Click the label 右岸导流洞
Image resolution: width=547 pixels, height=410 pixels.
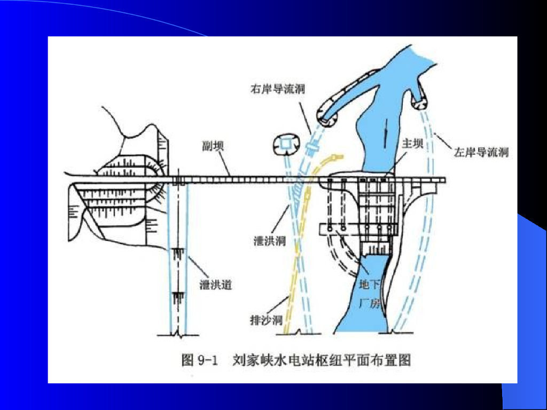coord(278,89)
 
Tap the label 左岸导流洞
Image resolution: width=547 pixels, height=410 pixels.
coord(481,152)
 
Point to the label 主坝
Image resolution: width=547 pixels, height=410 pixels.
coord(412,143)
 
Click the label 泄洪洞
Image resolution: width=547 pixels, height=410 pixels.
coord(270,241)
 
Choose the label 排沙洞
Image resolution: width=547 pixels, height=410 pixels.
coord(266,320)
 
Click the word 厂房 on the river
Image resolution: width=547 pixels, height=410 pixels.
coord(370,304)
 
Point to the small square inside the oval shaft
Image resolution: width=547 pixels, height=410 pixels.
coord(286,143)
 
